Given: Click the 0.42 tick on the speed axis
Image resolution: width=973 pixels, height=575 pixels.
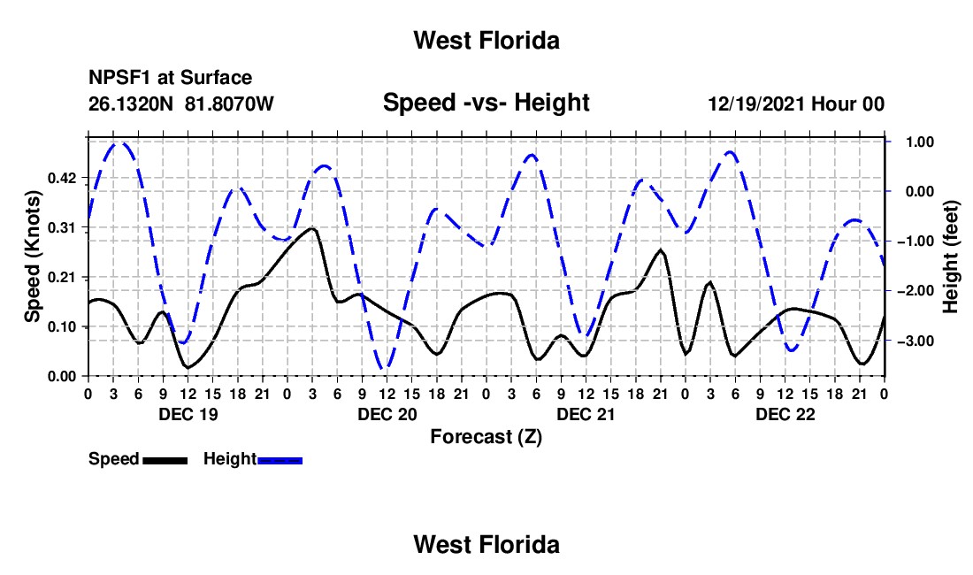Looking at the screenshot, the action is point(61,179).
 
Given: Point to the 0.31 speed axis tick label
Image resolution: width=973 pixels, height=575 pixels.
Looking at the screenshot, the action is point(61,228).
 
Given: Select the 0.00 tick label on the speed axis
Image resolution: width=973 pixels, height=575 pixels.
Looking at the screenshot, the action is point(61,377).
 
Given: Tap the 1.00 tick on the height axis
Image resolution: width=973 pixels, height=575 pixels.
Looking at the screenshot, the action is point(920,142).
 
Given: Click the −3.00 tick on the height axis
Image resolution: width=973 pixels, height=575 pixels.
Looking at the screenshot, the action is point(916,341).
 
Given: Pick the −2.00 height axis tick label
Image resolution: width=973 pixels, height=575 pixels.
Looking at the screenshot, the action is point(916,291).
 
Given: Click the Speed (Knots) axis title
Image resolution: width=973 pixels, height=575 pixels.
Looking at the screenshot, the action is point(32,257).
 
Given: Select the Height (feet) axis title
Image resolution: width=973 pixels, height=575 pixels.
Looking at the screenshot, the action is point(950,257).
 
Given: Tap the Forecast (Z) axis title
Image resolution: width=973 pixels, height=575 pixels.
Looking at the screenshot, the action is point(486,437).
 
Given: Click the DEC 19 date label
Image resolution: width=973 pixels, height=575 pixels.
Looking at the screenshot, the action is point(188,414).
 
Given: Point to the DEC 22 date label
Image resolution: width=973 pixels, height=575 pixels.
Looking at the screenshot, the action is point(785,414).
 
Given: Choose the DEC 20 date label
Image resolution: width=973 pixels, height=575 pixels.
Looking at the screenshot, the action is point(387,414).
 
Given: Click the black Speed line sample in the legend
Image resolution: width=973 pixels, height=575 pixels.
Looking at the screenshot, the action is point(165,460).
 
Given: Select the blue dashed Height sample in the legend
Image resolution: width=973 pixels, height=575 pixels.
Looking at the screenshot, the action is point(280,460).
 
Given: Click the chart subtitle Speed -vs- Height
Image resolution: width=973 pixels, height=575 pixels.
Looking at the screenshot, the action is point(486,103).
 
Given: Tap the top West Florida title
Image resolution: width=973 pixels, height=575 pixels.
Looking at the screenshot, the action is point(486,41).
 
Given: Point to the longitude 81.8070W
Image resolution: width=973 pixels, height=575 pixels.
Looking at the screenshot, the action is point(229,103).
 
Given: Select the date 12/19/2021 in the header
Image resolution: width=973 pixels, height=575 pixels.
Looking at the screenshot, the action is point(757,103).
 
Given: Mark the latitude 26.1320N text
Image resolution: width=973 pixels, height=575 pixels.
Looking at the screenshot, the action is point(131,103).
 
